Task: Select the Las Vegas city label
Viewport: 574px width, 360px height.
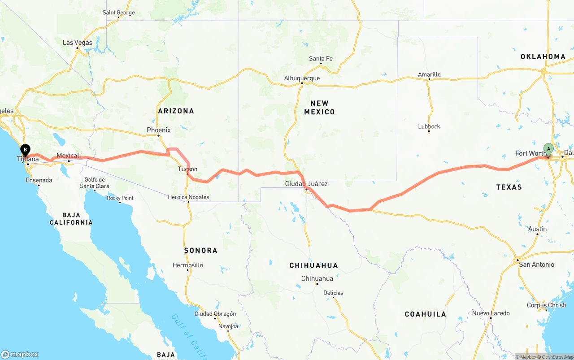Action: [78, 43]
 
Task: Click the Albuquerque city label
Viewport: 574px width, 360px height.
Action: [302, 78]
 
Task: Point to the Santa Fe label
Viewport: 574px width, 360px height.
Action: [321, 59]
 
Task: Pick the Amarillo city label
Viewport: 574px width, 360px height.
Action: [429, 75]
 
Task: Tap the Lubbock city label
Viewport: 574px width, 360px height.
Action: [429, 126]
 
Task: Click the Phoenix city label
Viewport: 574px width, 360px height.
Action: [159, 130]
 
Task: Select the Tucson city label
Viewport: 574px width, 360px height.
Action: [187, 169]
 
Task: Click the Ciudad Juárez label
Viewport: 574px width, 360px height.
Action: [306, 184]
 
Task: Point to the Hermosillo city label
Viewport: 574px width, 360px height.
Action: [188, 265]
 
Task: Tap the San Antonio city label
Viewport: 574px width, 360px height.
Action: [536, 265]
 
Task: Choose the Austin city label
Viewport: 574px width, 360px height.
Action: [537, 229]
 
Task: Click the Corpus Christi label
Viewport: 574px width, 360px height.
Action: [546, 305]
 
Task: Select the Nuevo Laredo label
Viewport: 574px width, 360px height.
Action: [491, 313]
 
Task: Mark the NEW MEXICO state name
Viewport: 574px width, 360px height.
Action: [319, 108]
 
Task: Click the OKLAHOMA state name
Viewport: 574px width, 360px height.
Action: [543, 57]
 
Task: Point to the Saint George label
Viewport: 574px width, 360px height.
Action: [118, 13]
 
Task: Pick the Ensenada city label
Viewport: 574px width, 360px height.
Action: [39, 180]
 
